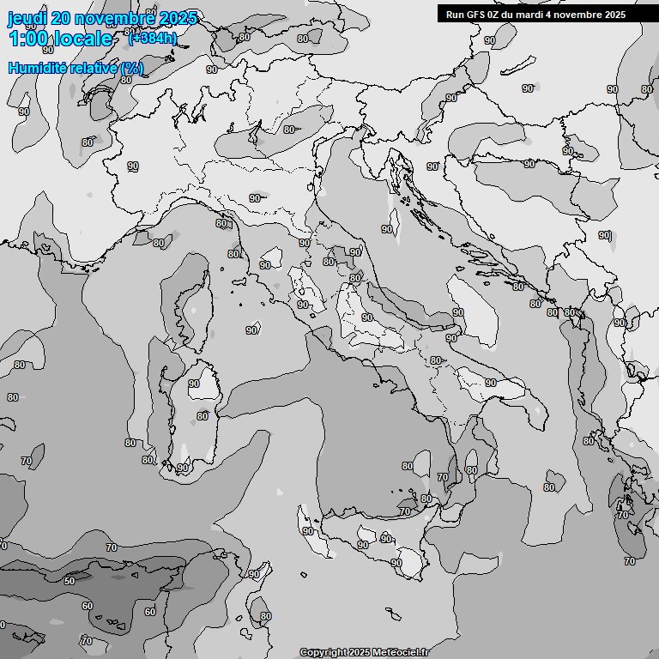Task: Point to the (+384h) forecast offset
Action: [x=153, y=37]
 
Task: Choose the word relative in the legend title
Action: [x=94, y=68]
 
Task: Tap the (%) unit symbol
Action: [x=132, y=68]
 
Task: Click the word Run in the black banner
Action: [x=455, y=15]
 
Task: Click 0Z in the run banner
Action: [x=497, y=15]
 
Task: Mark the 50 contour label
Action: [x=70, y=581]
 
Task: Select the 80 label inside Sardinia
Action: [x=203, y=416]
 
